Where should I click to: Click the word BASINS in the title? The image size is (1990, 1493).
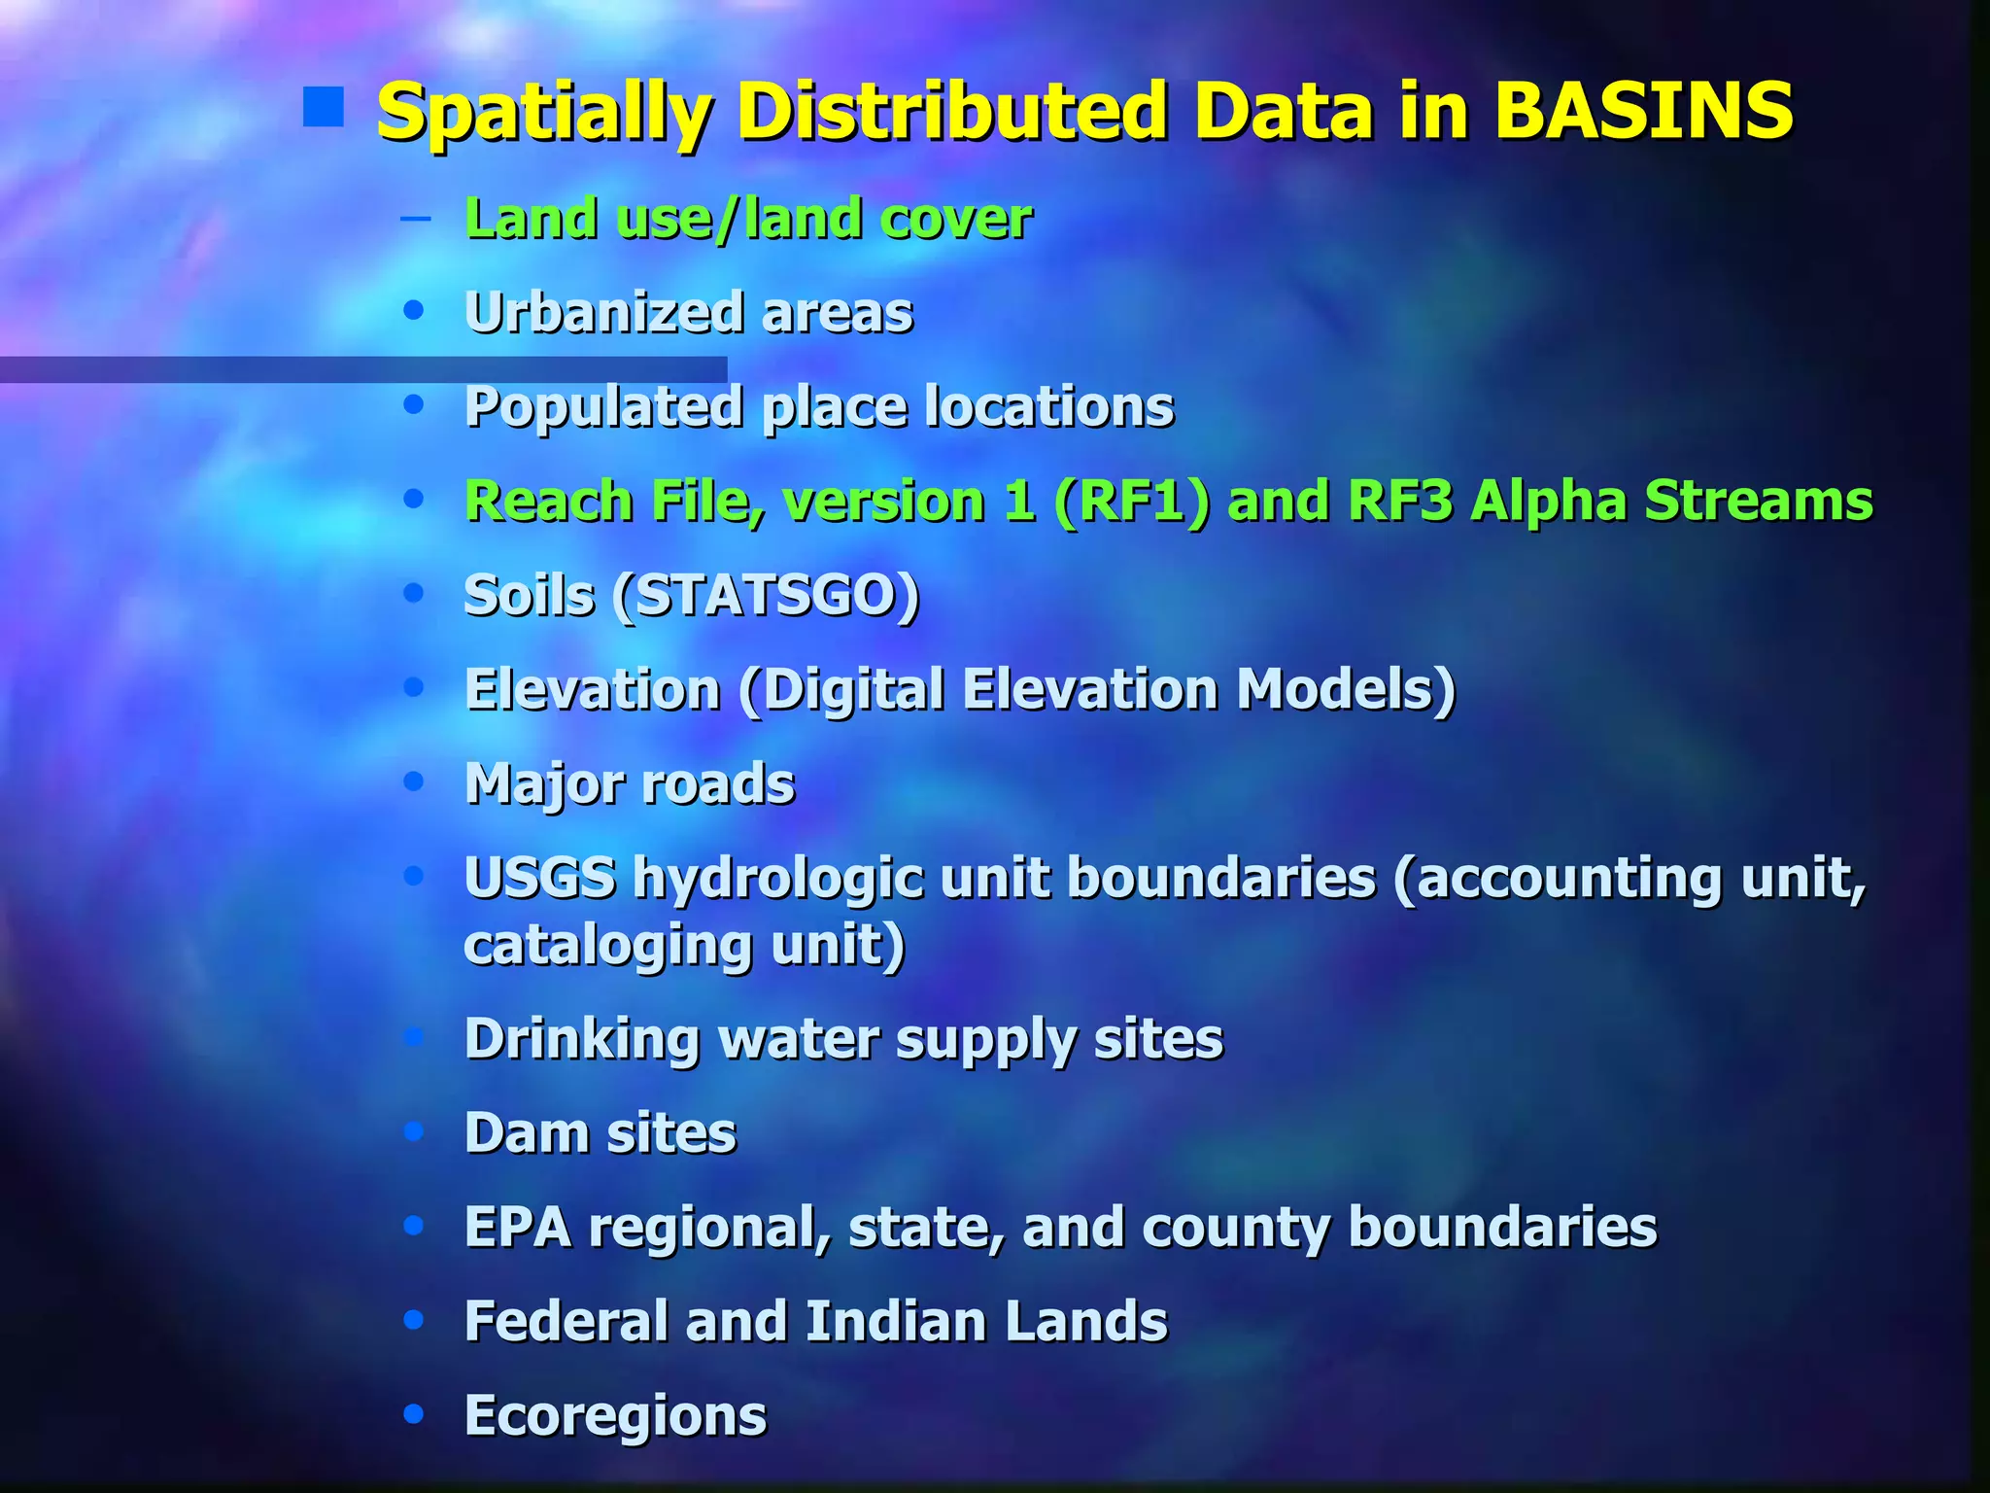[x=1643, y=111]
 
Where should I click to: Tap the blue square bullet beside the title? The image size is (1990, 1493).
[x=324, y=108]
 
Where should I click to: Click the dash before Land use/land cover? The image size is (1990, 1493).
[x=416, y=218]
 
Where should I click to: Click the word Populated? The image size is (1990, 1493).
[x=603, y=407]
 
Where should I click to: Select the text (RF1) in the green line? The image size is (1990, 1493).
[x=1132, y=502]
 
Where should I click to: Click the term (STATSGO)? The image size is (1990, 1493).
[x=766, y=596]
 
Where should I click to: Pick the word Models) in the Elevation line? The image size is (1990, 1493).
[x=1346, y=690]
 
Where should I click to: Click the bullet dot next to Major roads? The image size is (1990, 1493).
[x=415, y=781]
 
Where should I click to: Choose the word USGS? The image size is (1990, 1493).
[x=539, y=879]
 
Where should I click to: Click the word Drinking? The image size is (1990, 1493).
[x=581, y=1040]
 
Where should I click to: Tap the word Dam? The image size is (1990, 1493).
[x=526, y=1133]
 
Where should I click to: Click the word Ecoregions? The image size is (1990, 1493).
[x=616, y=1417]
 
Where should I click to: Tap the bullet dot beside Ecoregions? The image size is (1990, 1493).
[x=415, y=1413]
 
